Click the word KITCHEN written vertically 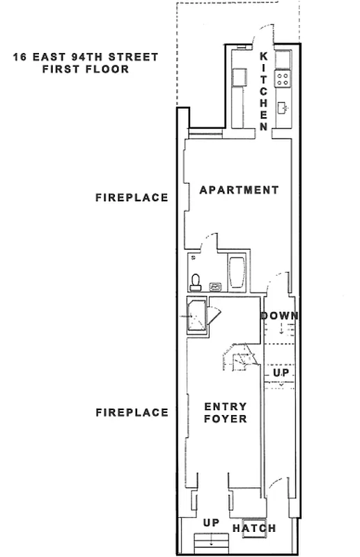click(264, 91)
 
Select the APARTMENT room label click(239, 190)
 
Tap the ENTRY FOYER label click(225, 412)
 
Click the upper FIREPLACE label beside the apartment click(132, 198)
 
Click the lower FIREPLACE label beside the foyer click(132, 413)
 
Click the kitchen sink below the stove click(283, 107)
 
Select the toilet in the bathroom click(196, 281)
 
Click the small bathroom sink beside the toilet click(216, 285)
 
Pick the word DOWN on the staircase click(280, 316)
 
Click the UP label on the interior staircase click(280, 373)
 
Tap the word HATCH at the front click(254, 528)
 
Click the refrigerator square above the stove click(283, 59)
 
